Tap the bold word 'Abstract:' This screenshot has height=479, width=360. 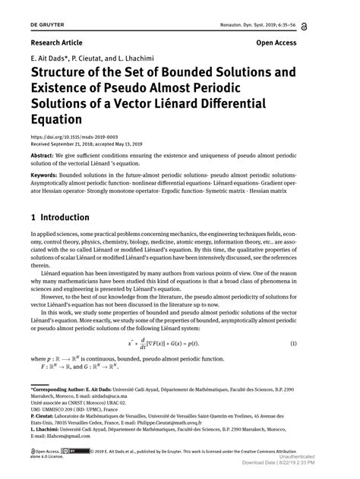(x=45, y=155)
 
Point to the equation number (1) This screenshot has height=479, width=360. (x=325, y=344)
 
